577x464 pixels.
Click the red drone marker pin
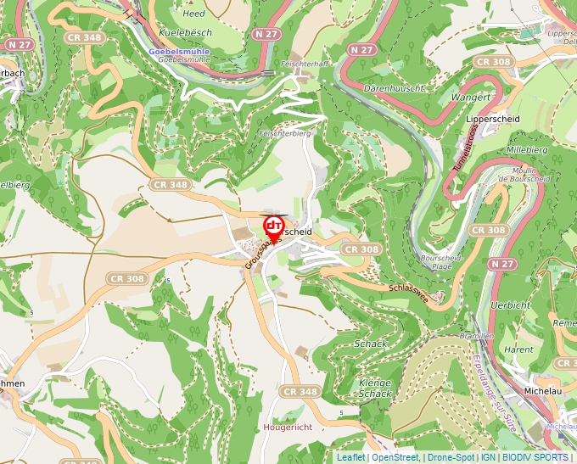[x=273, y=227]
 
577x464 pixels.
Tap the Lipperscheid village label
[x=493, y=120]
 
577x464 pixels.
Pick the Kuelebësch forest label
[x=183, y=33]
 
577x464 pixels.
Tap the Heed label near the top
[x=193, y=14]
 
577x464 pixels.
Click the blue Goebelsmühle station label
[x=179, y=51]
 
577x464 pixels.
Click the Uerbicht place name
[x=511, y=305]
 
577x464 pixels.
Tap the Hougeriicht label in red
[x=288, y=427]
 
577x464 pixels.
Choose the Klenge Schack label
[x=375, y=388]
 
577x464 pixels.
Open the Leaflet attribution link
[x=350, y=457]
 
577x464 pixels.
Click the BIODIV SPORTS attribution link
[x=535, y=457]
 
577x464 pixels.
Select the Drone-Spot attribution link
[x=451, y=457]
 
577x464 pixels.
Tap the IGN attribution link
[x=489, y=457]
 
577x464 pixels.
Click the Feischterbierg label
[x=285, y=133]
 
